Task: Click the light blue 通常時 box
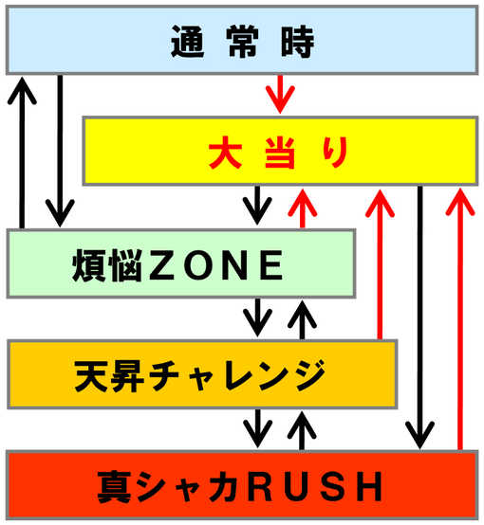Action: (x=242, y=40)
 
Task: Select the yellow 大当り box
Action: (x=280, y=151)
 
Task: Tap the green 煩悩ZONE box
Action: (x=181, y=263)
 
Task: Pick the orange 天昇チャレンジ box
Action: (x=202, y=374)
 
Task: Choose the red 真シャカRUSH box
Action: (x=242, y=485)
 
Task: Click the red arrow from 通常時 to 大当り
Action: (x=280, y=95)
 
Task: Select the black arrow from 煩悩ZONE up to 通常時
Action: (x=22, y=153)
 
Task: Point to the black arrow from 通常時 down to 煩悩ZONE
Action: (x=60, y=151)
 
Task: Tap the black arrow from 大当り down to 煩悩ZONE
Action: (x=257, y=206)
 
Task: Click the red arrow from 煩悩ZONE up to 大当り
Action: (x=302, y=208)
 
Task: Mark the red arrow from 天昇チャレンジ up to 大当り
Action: (x=380, y=264)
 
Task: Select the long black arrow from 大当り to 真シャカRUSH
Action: (x=419, y=317)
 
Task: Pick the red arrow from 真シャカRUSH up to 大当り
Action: (x=460, y=319)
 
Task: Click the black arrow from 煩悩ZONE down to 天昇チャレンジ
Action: (x=257, y=317)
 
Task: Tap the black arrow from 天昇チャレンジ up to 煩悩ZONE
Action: (x=302, y=320)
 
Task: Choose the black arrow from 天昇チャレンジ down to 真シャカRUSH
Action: (x=257, y=428)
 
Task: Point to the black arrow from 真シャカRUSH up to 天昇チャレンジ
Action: (x=302, y=431)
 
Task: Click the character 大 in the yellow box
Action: (x=225, y=153)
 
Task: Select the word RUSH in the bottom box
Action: (x=315, y=486)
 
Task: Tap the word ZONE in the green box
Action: (x=216, y=264)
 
